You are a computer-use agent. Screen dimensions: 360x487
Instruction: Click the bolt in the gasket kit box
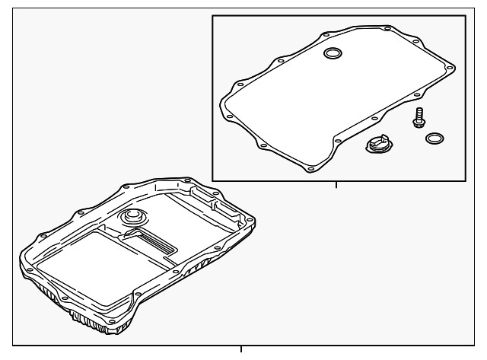click(418, 119)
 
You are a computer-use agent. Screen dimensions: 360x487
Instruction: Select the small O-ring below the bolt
click(435, 139)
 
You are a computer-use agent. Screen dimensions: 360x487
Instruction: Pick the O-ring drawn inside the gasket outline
click(333, 53)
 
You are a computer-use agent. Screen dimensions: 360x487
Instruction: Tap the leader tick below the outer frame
click(241, 349)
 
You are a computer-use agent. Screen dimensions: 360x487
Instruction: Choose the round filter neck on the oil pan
click(133, 218)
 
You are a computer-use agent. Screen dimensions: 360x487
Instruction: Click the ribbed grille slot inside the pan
click(161, 242)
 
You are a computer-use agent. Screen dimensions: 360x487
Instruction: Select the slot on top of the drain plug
click(376, 141)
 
